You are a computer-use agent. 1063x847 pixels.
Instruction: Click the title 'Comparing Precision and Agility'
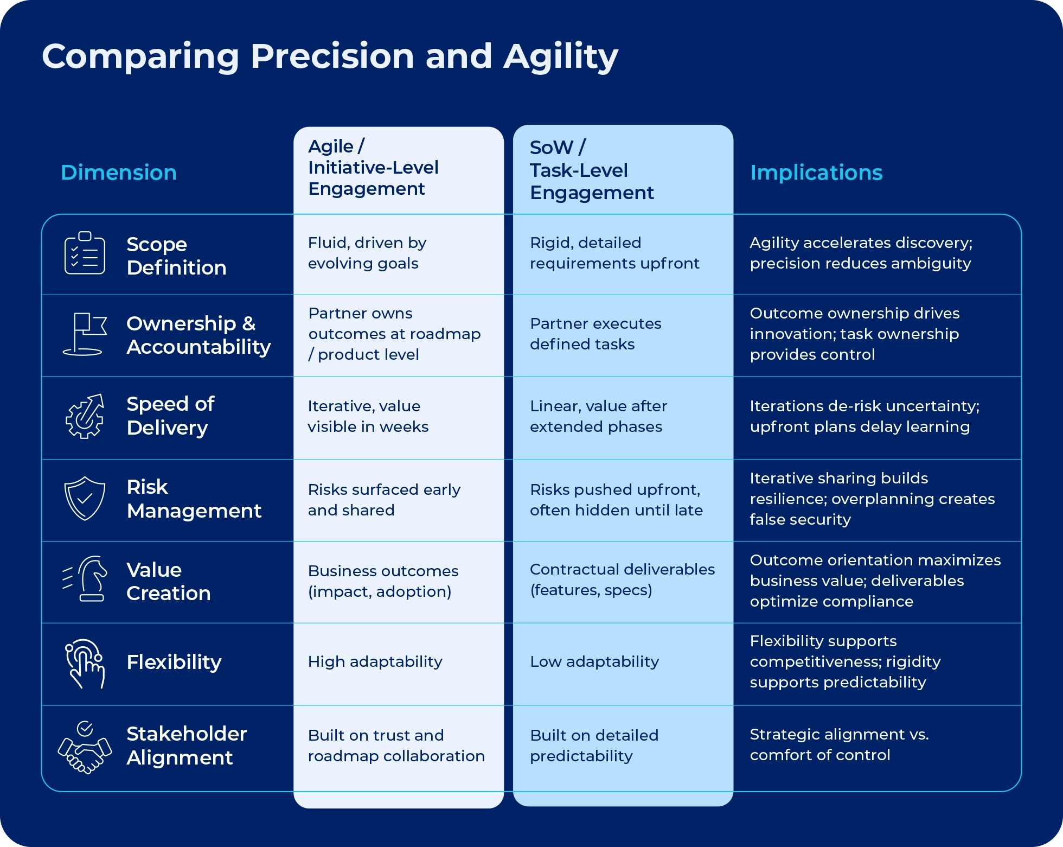[330, 56]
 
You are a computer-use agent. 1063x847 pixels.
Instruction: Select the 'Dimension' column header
[119, 173]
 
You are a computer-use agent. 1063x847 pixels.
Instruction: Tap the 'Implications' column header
[816, 173]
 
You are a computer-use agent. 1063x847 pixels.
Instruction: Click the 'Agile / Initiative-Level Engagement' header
[373, 168]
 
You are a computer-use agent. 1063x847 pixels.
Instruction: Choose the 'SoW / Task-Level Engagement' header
[591, 170]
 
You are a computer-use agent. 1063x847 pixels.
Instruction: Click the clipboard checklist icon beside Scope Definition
[85, 253]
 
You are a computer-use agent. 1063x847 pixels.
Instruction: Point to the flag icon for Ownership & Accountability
[85, 334]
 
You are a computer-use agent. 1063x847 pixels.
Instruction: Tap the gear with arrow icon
[85, 417]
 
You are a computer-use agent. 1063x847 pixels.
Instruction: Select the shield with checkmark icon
[85, 499]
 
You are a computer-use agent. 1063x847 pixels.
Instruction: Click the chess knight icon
[87, 579]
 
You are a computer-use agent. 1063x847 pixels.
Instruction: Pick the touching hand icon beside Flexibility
[85, 663]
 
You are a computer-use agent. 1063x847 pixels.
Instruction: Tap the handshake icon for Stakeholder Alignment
[85, 747]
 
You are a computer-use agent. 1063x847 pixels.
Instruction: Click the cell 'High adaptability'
[375, 661]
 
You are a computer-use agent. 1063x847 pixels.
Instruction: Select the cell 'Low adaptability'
[594, 661]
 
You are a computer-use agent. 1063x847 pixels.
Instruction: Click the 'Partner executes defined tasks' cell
[595, 334]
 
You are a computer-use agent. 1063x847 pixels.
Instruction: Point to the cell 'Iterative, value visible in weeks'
[368, 416]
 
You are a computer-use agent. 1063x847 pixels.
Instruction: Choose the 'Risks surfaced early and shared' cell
[383, 500]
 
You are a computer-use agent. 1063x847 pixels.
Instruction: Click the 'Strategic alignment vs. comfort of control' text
[838, 744]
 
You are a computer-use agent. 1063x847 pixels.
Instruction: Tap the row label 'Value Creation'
[168, 581]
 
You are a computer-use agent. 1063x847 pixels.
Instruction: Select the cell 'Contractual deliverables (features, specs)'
[622, 579]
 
